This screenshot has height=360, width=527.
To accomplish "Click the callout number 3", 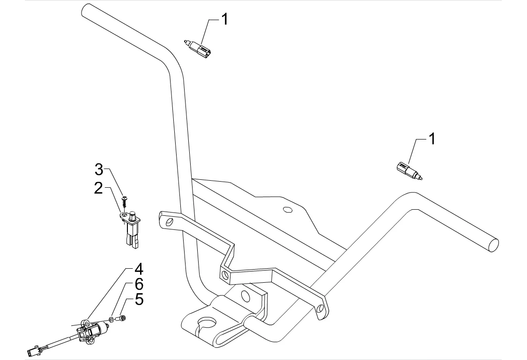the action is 98,169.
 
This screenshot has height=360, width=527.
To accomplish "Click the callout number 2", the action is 98,188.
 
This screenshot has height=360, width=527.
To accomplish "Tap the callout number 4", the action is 139,269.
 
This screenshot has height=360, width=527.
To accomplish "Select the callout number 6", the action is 139,284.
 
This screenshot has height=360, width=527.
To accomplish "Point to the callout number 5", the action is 139,299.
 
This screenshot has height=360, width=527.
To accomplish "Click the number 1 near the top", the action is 224,19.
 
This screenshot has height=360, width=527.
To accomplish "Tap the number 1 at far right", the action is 432,139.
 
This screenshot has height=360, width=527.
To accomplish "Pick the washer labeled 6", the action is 111,318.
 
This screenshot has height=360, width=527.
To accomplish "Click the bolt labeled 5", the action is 121,318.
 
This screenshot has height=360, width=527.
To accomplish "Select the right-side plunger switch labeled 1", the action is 409,170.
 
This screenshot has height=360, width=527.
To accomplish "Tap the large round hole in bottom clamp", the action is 208,324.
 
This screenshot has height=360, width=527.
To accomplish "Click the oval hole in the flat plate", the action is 287,210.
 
